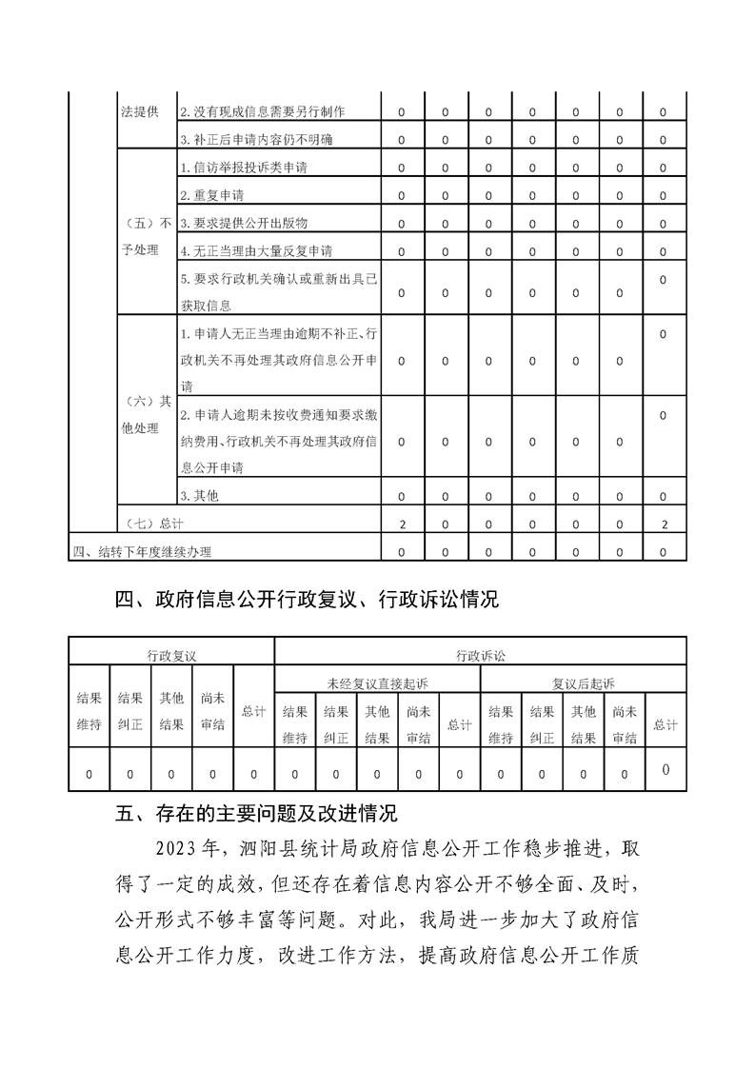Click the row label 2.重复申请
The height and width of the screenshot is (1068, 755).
212,195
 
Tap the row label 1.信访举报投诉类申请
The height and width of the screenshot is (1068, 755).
244,168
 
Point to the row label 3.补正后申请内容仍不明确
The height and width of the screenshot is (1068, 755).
256,140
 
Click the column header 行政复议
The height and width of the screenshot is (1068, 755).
170,656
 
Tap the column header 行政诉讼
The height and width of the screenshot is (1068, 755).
480,656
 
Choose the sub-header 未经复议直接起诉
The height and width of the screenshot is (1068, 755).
377,683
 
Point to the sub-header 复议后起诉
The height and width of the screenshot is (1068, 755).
583,683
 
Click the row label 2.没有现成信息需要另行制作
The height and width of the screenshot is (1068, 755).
263,112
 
